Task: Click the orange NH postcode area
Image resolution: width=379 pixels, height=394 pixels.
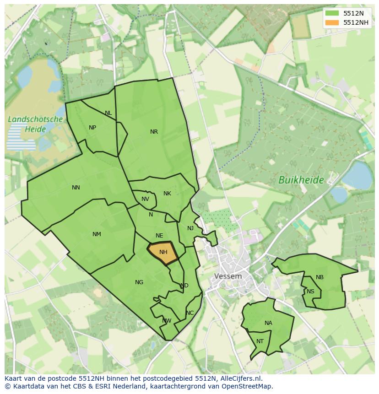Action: [163, 253]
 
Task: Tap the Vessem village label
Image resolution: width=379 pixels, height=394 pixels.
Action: [228, 276]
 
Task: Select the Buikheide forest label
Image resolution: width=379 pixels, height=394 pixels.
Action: [301, 180]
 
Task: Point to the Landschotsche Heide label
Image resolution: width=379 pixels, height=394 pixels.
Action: [35, 124]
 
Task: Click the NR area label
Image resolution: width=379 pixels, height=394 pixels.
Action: [154, 132]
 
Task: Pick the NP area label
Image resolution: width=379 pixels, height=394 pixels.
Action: [92, 128]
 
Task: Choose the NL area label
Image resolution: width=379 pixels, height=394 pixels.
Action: [108, 113]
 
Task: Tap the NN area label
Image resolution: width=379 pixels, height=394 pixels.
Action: [76, 188]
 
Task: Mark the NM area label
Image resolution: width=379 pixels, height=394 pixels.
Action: [97, 234]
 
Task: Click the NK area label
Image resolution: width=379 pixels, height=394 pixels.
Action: [167, 194]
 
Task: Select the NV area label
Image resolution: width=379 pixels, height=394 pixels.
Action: [145, 199]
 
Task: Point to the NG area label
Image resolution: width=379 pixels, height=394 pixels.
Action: [139, 282]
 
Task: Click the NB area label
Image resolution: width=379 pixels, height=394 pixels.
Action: [319, 277]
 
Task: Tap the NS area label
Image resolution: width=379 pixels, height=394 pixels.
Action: [311, 291]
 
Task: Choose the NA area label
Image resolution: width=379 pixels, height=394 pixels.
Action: [268, 323]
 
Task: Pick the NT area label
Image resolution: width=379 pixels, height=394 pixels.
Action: [260, 341]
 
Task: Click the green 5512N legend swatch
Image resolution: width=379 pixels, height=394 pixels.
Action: [332, 13]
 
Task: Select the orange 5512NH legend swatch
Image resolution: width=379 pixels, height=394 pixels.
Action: [332, 22]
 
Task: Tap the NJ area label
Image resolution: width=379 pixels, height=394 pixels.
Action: [190, 228]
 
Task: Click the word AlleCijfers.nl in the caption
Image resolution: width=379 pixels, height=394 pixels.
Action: [241, 378]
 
